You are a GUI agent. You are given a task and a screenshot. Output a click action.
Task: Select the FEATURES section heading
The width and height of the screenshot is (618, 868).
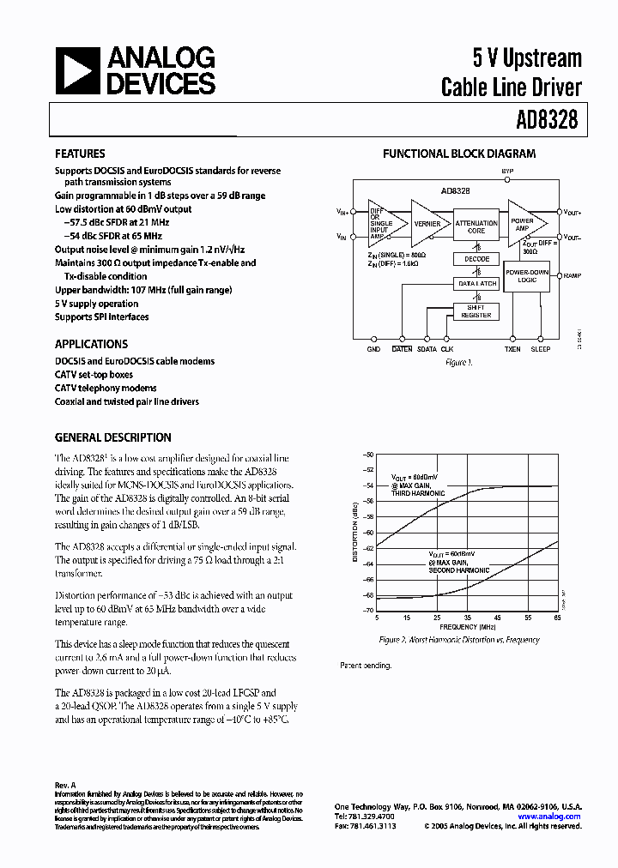(x=80, y=154)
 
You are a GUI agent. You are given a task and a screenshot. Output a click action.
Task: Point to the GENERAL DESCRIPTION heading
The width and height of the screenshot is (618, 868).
(x=112, y=437)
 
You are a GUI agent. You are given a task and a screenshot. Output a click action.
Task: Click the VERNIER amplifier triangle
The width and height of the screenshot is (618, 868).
(x=426, y=225)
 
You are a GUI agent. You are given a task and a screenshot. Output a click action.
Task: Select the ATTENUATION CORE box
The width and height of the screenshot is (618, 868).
(x=476, y=226)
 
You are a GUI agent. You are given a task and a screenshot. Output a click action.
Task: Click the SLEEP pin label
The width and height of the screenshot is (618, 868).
(x=540, y=350)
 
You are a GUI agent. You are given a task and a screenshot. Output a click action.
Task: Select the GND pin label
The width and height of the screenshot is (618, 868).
(x=373, y=350)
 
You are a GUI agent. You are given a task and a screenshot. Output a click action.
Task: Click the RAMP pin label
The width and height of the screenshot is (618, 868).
(x=572, y=276)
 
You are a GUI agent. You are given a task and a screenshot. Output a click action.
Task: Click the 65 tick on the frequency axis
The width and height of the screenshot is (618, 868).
(x=557, y=618)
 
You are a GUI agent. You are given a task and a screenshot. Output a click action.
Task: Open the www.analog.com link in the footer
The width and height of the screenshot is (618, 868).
(x=549, y=817)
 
